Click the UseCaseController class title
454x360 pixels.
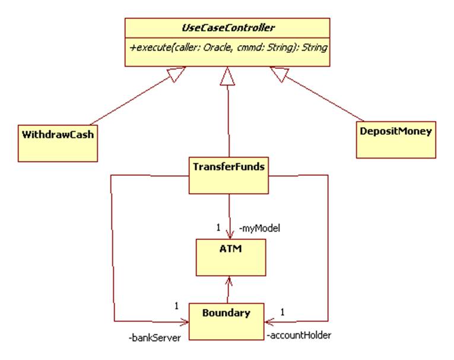[227, 27]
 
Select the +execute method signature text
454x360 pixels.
[227, 46]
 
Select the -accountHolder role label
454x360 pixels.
[299, 335]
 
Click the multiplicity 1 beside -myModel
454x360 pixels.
[218, 227]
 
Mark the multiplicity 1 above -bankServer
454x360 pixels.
[176, 306]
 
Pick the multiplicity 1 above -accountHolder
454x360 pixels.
[283, 311]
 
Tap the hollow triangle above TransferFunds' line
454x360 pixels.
[227, 75]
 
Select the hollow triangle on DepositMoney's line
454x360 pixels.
[278, 74]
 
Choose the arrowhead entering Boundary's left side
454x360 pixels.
[185, 322]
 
